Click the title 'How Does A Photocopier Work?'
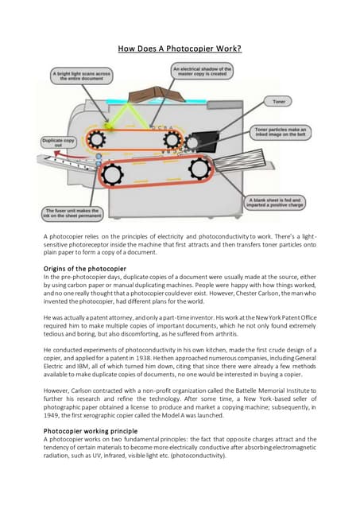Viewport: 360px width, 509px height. pyautogui.click(x=180, y=49)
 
